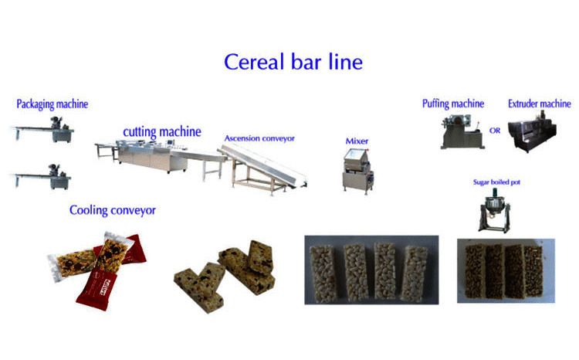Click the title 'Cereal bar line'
pos(293,62)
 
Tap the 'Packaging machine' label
pos(52,104)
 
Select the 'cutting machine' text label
pos(162,132)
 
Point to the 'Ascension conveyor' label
pos(259,138)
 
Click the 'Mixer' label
pos(357,141)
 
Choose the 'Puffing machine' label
pos(453,104)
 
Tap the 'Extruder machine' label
pos(539,104)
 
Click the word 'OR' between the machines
pos(495,131)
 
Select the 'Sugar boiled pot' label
pos(496,182)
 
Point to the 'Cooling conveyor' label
pos(113,210)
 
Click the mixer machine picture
pos(357,171)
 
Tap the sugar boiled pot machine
pos(495,211)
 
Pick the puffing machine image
pos(462,131)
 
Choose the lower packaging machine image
pos(42,177)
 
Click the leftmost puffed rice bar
pos(323,273)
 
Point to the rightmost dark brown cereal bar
pos(534,271)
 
